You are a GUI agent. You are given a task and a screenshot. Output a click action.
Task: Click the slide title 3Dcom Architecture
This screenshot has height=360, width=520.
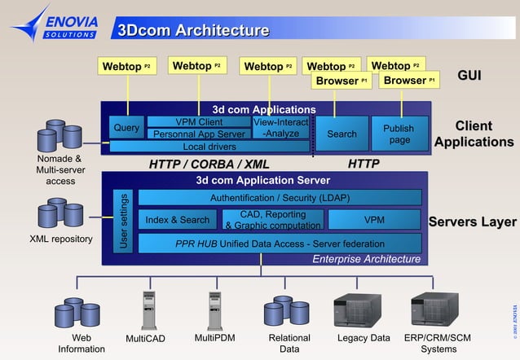(x=193, y=31)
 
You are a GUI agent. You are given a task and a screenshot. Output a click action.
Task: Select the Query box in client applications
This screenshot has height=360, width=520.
(x=126, y=128)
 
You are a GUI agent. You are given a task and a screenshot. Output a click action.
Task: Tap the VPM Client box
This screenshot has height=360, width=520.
(x=199, y=122)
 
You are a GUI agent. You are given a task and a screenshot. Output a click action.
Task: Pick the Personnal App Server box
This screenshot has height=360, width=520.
(x=199, y=134)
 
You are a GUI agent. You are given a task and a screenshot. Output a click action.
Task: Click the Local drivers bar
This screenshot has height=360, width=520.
(x=209, y=147)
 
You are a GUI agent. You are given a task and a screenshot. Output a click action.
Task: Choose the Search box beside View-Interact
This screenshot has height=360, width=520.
(x=342, y=134)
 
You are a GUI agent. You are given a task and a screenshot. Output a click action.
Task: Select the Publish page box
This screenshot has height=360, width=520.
(x=399, y=134)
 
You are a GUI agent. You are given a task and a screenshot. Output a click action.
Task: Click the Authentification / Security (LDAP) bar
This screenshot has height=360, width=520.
(x=280, y=198)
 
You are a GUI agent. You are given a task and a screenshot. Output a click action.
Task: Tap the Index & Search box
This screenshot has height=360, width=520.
(x=178, y=220)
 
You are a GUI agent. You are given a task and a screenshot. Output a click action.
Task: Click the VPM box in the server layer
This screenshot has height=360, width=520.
(x=374, y=220)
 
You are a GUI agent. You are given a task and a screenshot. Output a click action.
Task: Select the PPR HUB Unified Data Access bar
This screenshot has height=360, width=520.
(x=280, y=244)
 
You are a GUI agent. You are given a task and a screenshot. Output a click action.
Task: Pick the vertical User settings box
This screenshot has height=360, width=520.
(x=124, y=221)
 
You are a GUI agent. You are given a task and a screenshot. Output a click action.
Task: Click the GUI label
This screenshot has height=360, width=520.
(x=469, y=76)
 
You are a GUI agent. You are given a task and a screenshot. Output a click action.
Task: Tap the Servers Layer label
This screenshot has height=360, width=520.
(x=472, y=222)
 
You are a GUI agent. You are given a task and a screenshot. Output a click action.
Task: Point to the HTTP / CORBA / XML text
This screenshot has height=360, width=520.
(x=209, y=165)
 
